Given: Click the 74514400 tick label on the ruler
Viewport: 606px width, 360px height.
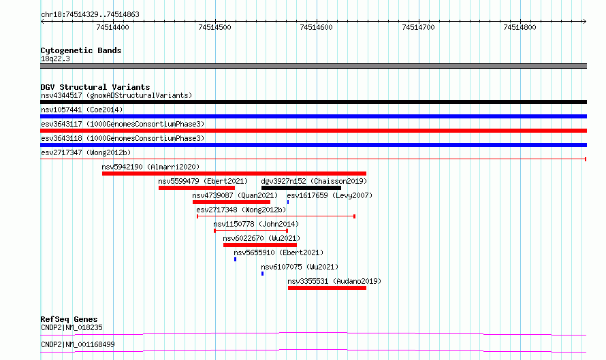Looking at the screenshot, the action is (112, 27).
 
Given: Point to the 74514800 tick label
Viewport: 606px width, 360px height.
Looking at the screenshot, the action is (520, 27).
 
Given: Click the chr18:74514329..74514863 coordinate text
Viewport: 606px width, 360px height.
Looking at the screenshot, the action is (90, 15).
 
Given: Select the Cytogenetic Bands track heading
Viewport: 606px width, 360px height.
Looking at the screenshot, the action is (81, 50).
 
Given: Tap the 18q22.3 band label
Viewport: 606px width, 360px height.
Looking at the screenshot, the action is (55, 59).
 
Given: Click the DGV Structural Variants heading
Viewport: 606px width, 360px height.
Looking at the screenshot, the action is (95, 87).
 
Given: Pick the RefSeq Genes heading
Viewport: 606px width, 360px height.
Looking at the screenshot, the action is (69, 319).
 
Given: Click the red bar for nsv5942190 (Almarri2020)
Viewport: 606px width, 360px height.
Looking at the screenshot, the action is (234, 174).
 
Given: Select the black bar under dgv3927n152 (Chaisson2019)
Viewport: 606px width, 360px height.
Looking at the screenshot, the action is (301, 188).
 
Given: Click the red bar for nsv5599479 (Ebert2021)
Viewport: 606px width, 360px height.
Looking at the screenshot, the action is (197, 188).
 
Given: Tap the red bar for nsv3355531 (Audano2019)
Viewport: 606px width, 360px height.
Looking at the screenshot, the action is (327, 288).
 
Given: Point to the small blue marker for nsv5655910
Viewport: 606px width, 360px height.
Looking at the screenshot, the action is (235, 259).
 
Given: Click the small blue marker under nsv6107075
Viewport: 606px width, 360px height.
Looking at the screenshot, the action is (262, 274).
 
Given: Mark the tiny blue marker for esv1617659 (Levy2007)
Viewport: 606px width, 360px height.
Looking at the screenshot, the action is (288, 202).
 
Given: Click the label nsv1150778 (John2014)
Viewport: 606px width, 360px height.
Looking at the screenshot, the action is (256, 224).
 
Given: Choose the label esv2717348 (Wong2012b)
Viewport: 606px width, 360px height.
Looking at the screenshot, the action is (241, 210).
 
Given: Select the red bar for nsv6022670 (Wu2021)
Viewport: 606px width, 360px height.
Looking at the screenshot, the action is (260, 245).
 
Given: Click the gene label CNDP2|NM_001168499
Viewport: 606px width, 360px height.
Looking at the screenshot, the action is (78, 344).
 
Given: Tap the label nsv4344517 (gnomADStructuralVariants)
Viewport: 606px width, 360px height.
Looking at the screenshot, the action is (116, 95).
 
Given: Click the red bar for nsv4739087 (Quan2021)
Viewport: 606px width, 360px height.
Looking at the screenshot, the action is (232, 202).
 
